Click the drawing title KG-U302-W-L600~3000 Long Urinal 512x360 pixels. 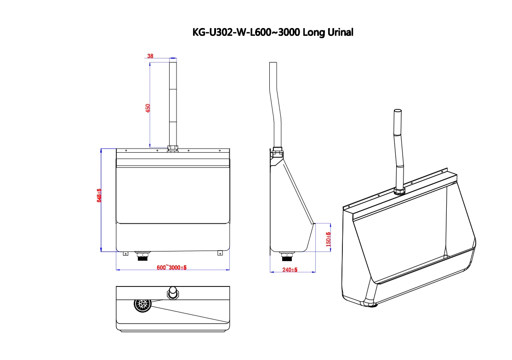pyautogui.click(x=272, y=32)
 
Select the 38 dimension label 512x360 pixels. pyautogui.click(x=150, y=56)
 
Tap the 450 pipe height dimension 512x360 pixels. pyautogui.click(x=148, y=109)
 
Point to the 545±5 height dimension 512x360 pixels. pyautogui.click(x=98, y=195)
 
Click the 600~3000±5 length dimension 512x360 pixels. pyautogui.click(x=171, y=268)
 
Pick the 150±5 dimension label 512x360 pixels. pyautogui.click(x=328, y=239)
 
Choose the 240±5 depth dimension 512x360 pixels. pyautogui.click(x=290, y=269)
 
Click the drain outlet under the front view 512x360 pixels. pyautogui.click(x=142, y=255)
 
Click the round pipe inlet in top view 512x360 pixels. pyautogui.click(x=172, y=292)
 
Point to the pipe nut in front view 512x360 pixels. pyautogui.click(x=173, y=149)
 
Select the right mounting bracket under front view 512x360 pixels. pyautogui.click(x=220, y=252)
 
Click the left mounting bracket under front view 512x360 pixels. pyautogui.click(x=125, y=252)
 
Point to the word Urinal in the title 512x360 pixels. pyautogui.click(x=339, y=32)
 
